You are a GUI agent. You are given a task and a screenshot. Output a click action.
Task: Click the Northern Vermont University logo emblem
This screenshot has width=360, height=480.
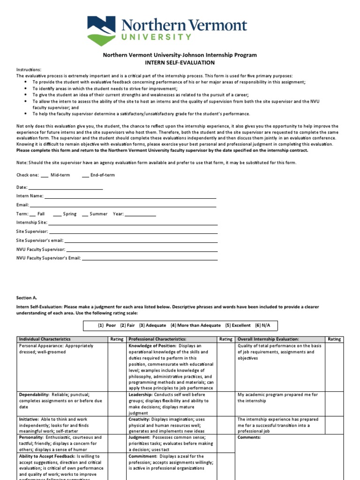[x=101, y=29]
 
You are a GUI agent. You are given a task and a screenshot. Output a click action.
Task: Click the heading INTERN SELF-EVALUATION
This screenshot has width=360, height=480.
[x=180, y=62]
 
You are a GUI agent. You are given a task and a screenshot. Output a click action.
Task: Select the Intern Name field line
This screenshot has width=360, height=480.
[x=130, y=197]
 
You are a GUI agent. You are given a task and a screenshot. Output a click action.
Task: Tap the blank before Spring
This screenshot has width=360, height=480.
[x=57, y=215]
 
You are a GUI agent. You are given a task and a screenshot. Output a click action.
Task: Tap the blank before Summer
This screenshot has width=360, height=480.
[x=85, y=215]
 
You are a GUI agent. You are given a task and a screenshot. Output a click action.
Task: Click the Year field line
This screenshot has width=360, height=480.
[x=140, y=215]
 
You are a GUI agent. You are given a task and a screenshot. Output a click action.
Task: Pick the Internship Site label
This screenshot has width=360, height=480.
[x=31, y=223]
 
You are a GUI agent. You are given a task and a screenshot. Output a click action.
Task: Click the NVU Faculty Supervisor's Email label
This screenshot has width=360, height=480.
[x=49, y=258]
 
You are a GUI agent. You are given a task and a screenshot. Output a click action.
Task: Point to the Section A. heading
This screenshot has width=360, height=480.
[x=26, y=298]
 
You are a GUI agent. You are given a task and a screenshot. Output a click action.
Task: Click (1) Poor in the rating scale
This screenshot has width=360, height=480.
[x=107, y=325]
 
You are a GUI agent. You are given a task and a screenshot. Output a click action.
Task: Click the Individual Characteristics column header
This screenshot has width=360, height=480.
[x=45, y=339]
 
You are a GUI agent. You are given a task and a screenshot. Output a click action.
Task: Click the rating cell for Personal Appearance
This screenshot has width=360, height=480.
[x=117, y=367]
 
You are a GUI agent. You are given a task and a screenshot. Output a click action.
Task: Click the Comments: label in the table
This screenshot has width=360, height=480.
[x=249, y=437]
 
